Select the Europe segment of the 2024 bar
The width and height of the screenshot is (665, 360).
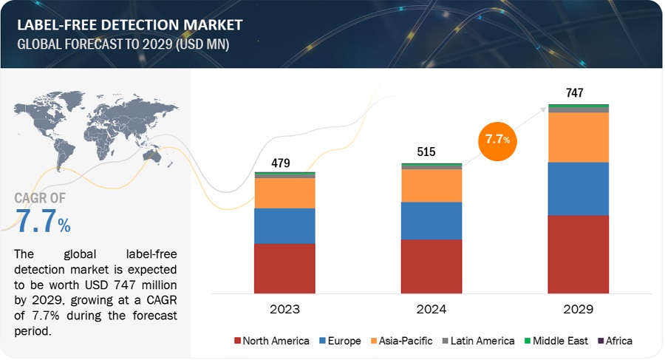pos(432,220)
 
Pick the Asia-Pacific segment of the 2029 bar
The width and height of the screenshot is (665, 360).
pos(579,137)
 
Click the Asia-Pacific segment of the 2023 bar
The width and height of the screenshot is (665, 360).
pos(284,193)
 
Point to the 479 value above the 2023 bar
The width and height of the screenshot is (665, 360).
pos(281,163)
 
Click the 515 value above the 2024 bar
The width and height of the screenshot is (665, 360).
pos(426,152)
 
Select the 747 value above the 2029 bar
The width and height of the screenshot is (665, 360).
pos(575,93)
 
